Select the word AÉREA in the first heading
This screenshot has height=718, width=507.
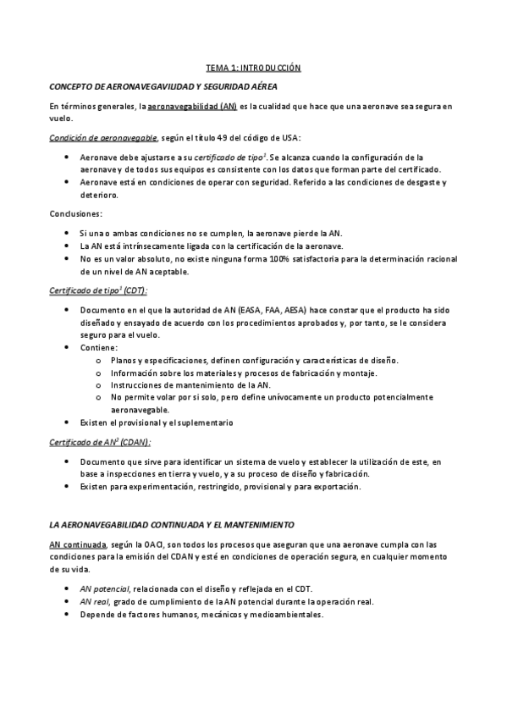259,86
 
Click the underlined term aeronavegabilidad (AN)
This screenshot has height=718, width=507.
193,107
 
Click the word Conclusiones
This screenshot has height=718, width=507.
76,213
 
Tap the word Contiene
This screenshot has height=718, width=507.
98,348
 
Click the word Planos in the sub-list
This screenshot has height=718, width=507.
125,361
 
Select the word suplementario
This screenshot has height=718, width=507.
205,422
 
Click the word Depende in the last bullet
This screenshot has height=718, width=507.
97,614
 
